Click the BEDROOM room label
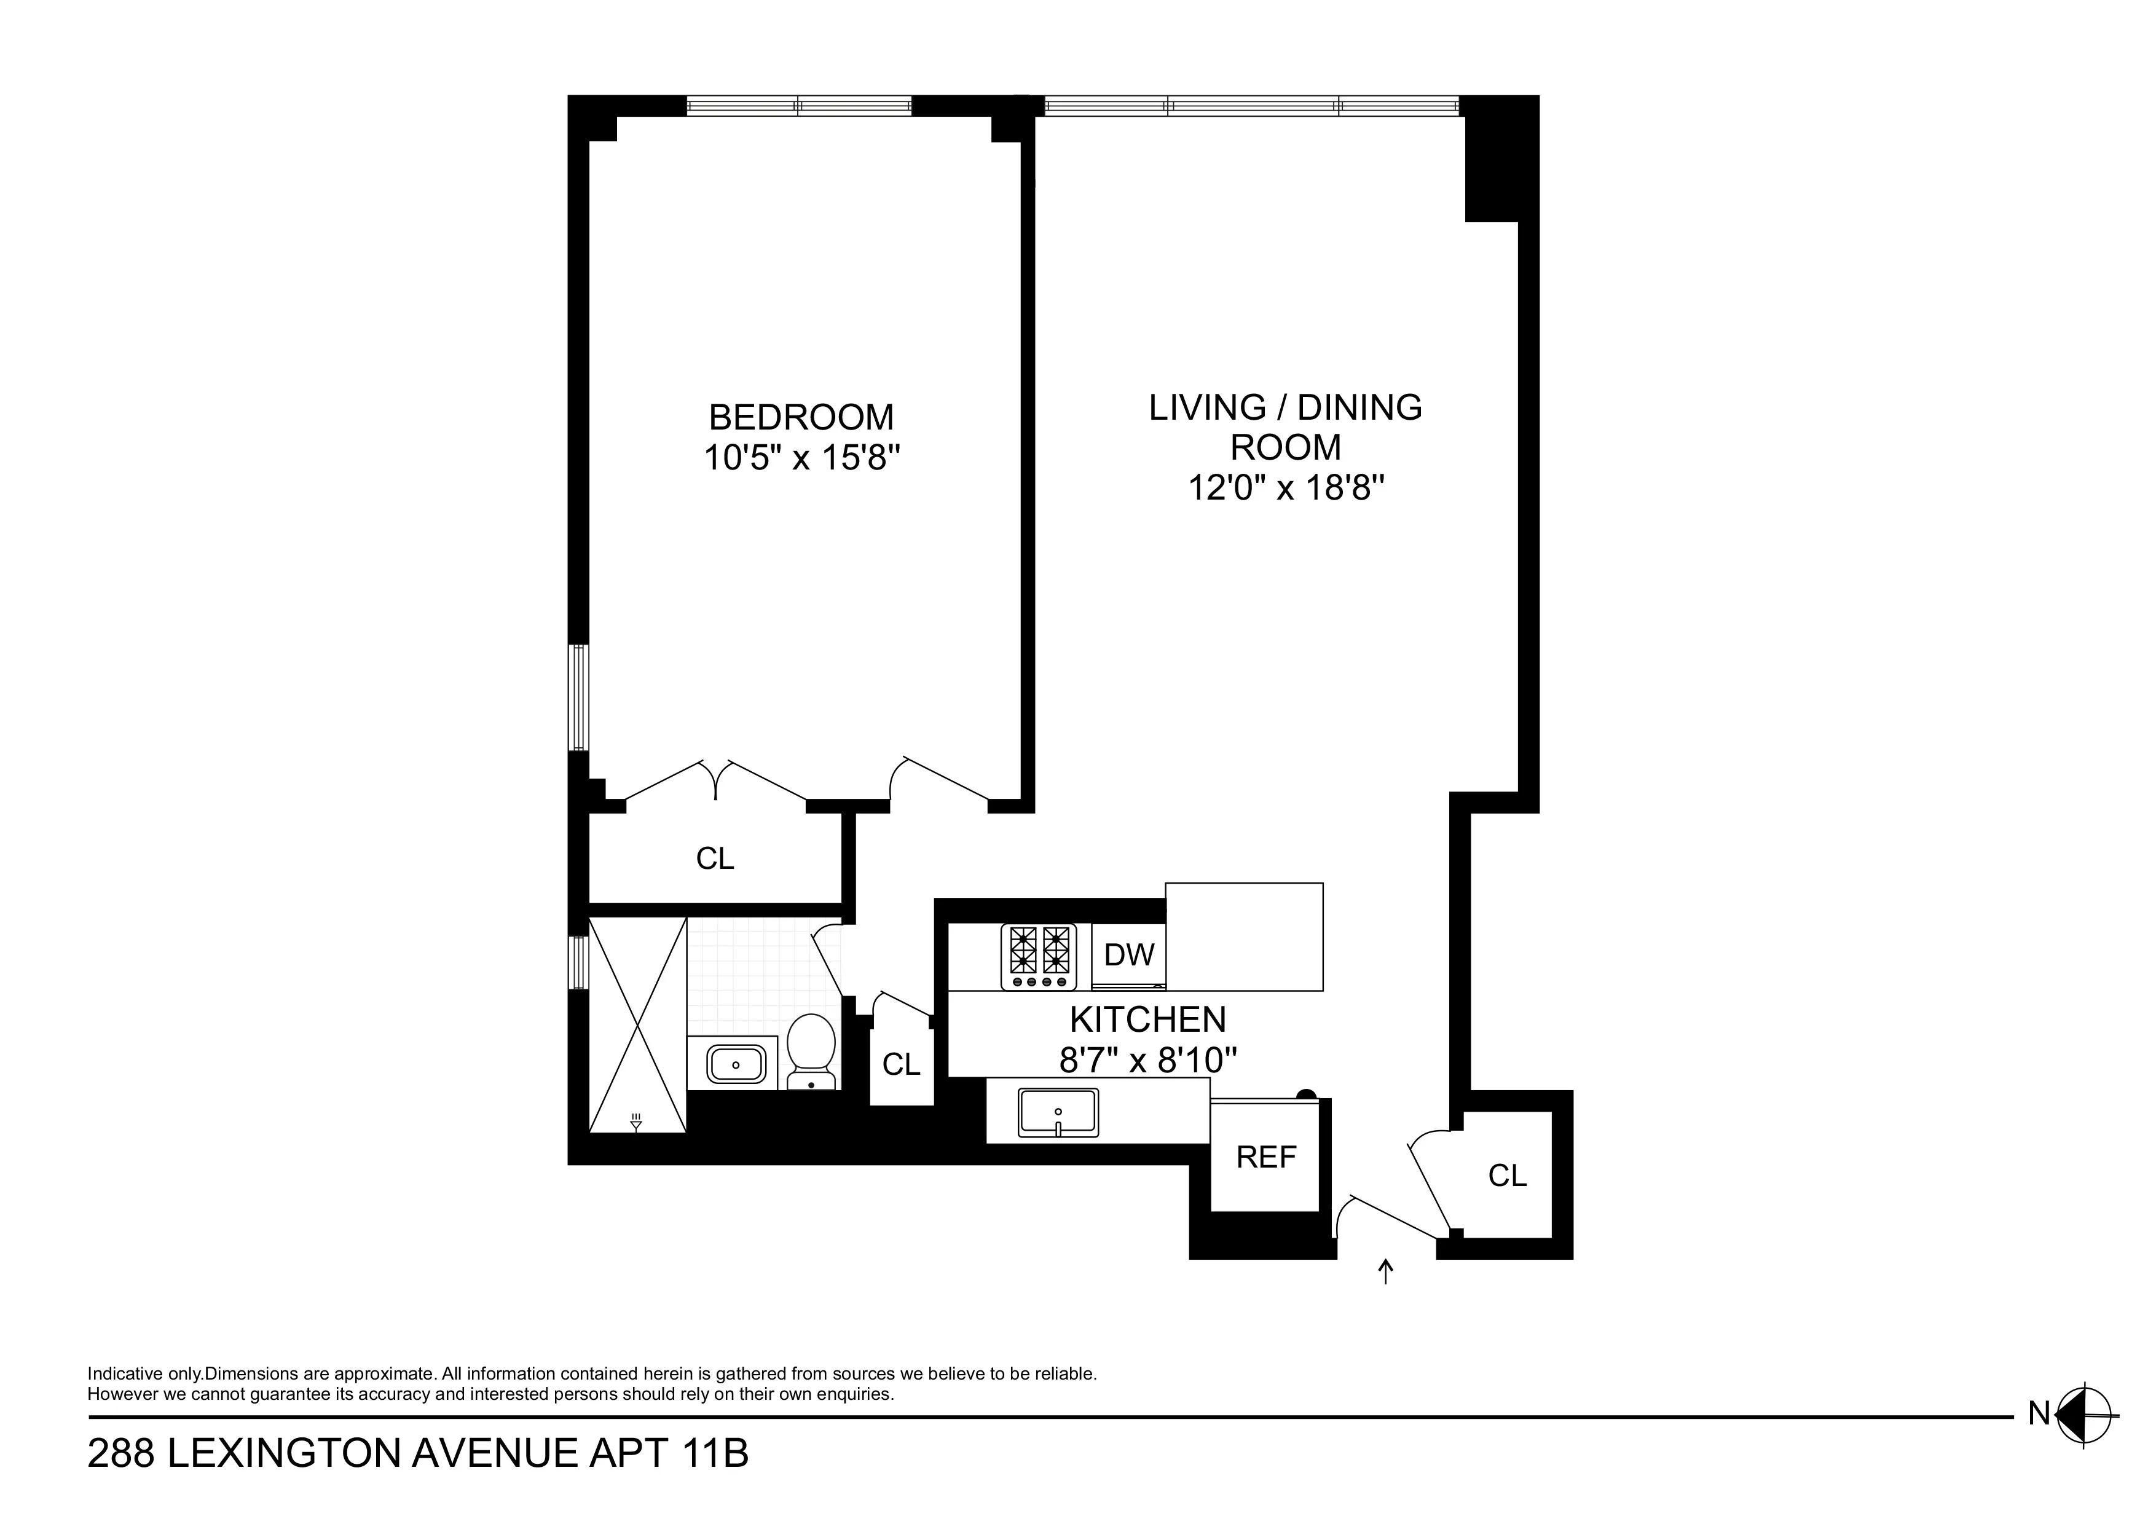click(800, 417)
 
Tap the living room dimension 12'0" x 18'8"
click(1286, 489)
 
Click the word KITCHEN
click(1147, 1019)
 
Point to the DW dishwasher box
click(1129, 955)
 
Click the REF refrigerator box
click(1266, 1157)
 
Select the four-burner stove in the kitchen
click(1039, 956)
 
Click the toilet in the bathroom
click(811, 1050)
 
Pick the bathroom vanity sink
click(734, 1064)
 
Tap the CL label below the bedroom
click(715, 858)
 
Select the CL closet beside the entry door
click(1507, 1175)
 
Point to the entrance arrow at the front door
click(1385, 1271)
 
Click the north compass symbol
click(2083, 1439)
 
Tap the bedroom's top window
click(798, 105)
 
